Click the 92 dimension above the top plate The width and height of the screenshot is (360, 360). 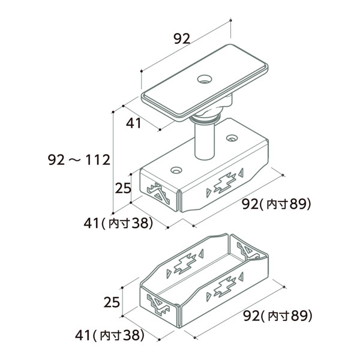point(182,38)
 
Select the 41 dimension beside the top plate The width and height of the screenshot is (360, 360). point(133,123)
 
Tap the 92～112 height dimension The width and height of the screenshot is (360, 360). point(79,160)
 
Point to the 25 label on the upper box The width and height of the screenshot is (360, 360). point(123,188)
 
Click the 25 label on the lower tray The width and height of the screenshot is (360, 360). point(112,302)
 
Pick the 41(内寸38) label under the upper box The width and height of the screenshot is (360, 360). point(118,223)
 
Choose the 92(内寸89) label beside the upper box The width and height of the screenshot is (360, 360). point(277,204)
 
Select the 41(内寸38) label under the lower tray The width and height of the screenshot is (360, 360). point(110,335)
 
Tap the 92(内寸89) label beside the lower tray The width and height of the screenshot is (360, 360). point(278,316)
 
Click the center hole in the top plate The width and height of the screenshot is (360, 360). point(205,79)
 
